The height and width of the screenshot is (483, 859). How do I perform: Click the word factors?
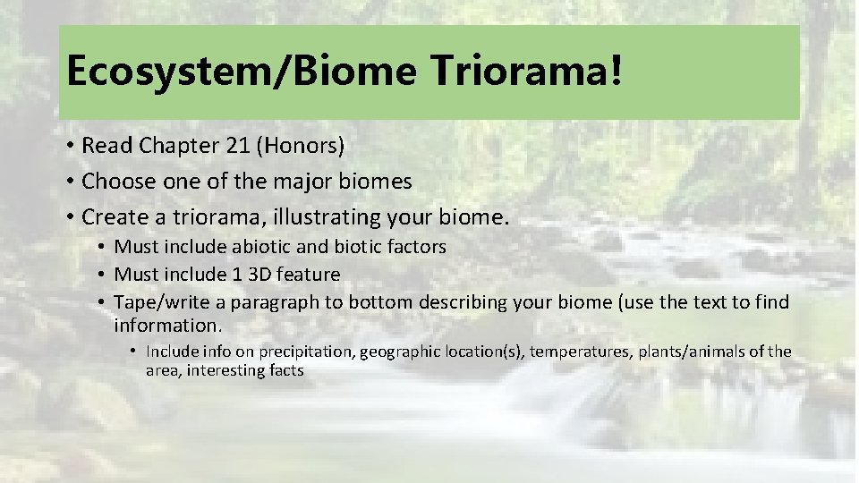[415, 247]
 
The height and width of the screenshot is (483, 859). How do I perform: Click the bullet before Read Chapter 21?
[69, 146]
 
